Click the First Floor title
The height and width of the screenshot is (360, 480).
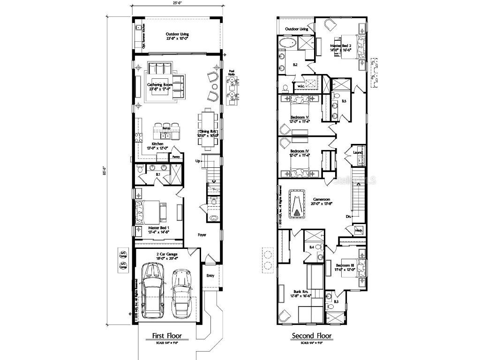click(166, 336)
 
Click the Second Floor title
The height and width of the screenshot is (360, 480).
click(312, 336)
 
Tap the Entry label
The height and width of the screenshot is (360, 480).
click(210, 276)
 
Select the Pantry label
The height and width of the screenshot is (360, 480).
click(176, 157)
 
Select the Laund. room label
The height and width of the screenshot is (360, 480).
click(359, 152)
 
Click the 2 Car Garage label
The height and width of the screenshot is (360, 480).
click(167, 255)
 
